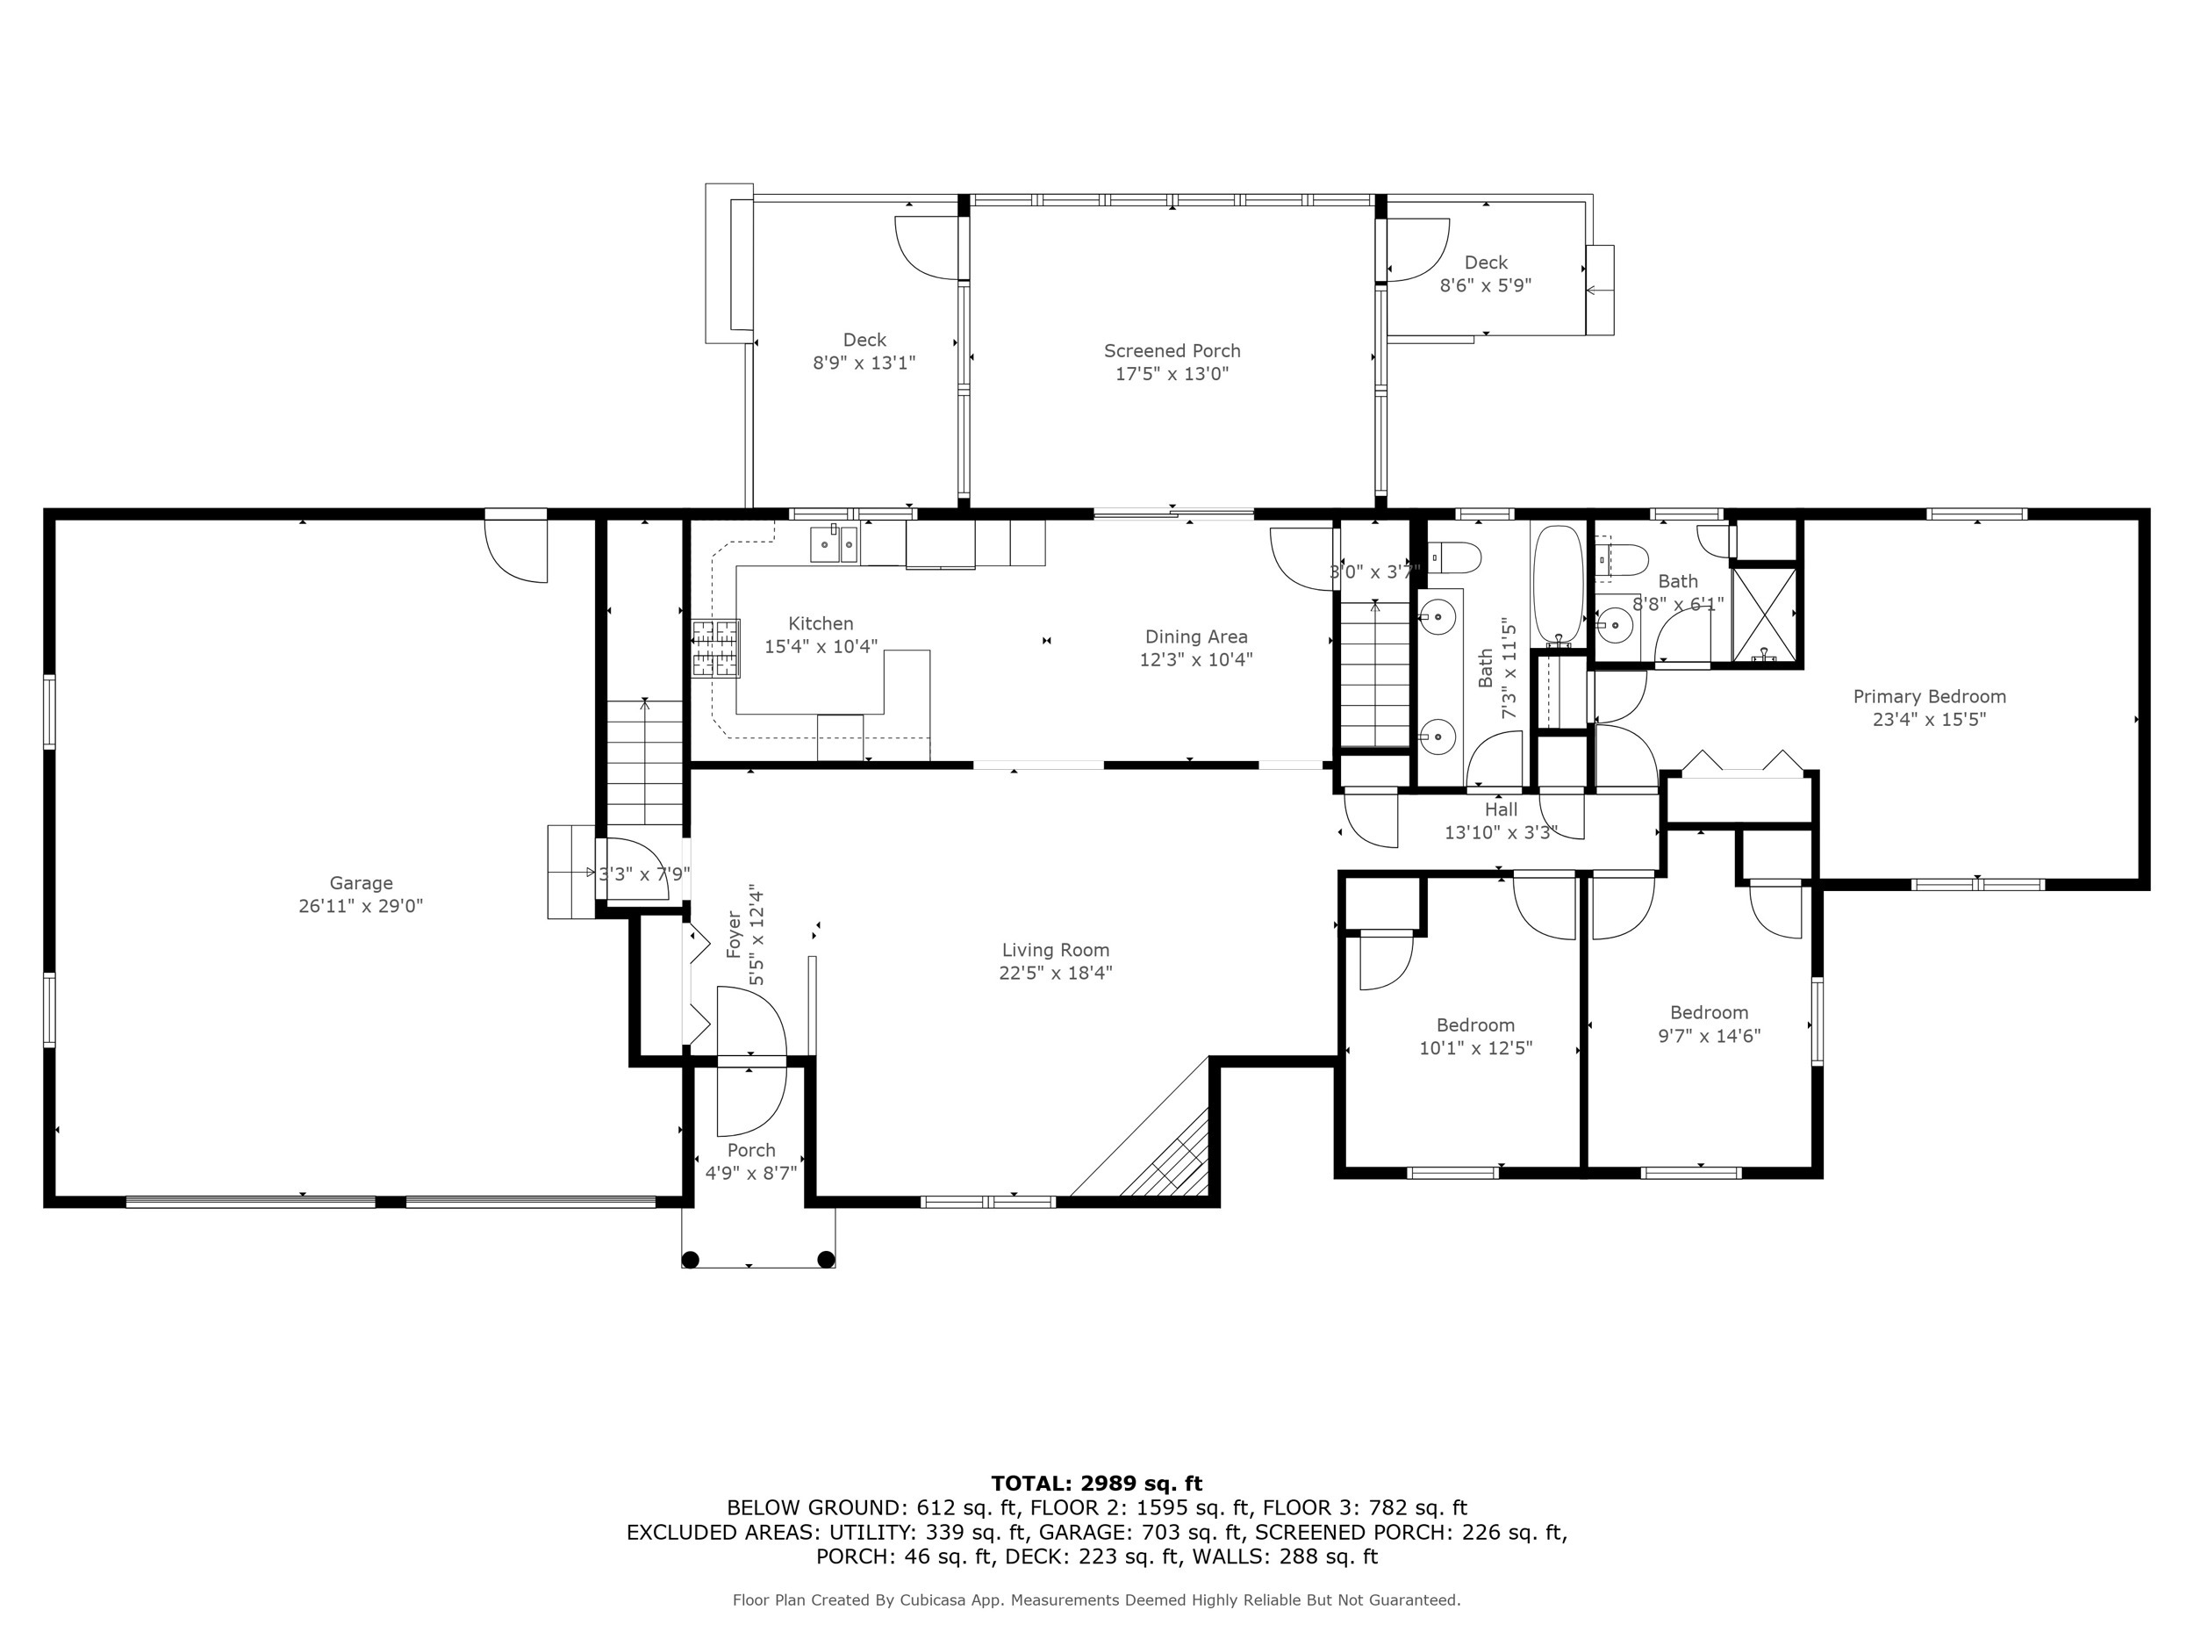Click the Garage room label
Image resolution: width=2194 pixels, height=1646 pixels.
click(361, 882)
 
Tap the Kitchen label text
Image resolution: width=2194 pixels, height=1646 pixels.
click(821, 623)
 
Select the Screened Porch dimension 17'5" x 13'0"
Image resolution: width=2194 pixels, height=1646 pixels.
click(1172, 374)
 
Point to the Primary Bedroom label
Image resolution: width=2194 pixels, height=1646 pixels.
click(1929, 696)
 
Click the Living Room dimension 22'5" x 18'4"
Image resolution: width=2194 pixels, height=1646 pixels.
click(1056, 974)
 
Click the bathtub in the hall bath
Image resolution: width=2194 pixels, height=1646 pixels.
click(1559, 586)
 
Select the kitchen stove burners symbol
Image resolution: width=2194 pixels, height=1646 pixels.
click(716, 649)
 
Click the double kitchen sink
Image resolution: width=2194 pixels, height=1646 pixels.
click(834, 544)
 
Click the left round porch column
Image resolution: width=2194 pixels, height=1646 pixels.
click(691, 1260)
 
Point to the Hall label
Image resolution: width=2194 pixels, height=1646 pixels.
click(1501, 809)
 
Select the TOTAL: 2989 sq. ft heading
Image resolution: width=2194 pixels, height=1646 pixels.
click(1096, 1484)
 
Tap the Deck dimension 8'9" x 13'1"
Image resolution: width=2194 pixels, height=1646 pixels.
click(864, 363)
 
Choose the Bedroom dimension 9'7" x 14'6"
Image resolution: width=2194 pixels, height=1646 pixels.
click(1709, 1036)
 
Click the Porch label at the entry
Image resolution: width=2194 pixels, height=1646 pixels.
click(751, 1150)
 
